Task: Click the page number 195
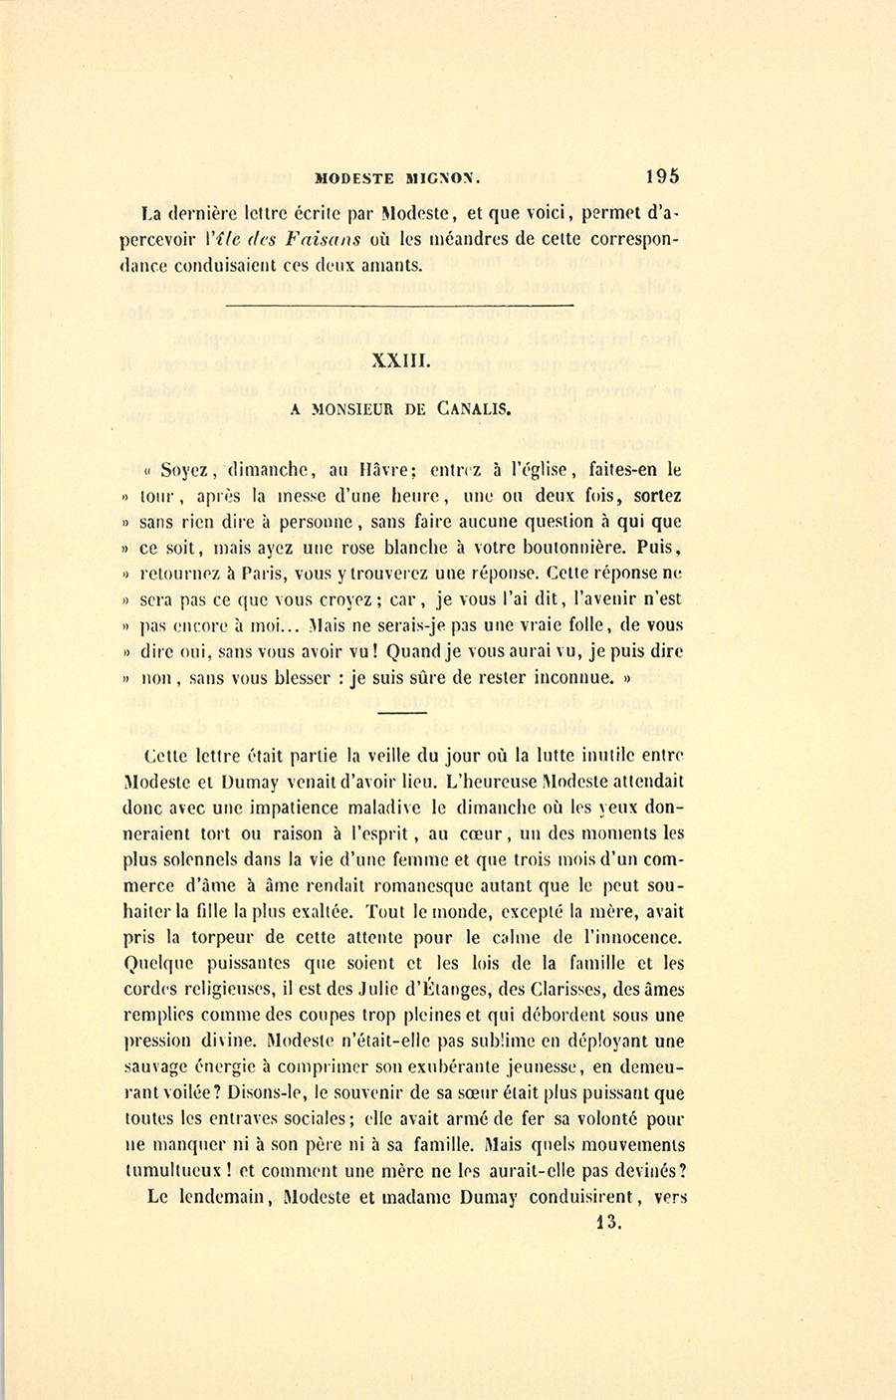coord(663,176)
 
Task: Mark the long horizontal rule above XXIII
coord(400,304)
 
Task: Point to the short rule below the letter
coord(401,714)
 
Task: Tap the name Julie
coord(489,990)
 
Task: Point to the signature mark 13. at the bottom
coord(607,1223)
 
